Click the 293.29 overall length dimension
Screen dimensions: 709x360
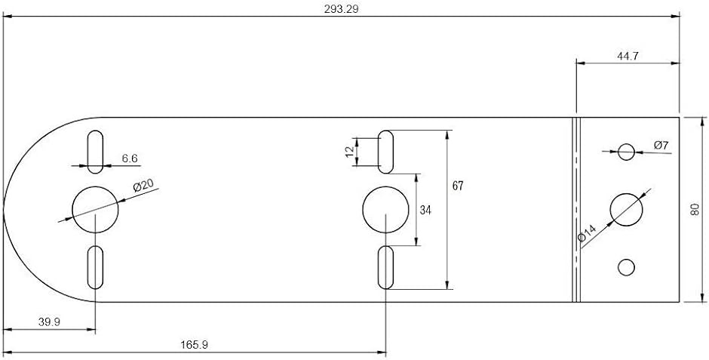342,9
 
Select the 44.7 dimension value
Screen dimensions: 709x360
628,56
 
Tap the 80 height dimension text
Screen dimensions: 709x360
695,209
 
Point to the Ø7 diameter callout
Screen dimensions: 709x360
661,145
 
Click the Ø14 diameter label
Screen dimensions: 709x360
588,233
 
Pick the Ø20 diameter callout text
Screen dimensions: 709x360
143,186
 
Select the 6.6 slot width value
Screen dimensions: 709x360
130,158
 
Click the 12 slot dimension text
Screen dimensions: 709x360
350,152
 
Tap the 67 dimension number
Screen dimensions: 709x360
458,186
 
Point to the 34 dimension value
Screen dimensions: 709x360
425,210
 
